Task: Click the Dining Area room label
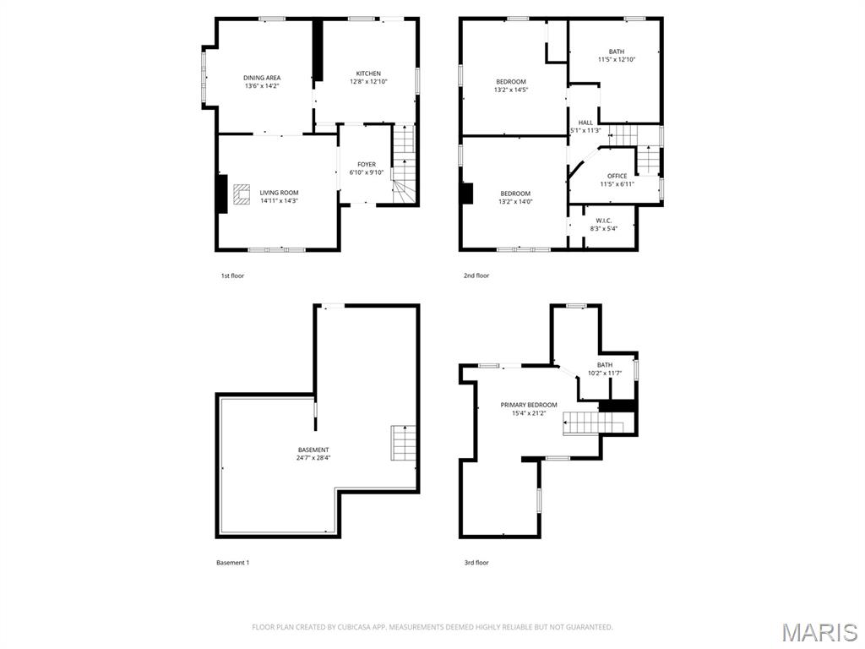262,78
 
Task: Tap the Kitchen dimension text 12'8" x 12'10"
368,82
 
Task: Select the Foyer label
367,165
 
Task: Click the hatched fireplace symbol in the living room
241,194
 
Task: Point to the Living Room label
279,193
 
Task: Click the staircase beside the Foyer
404,164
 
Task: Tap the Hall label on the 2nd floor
586,123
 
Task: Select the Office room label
617,176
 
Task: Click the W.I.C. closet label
604,221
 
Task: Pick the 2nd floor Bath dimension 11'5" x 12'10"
617,59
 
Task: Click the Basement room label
313,450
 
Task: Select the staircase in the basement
403,443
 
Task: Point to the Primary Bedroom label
529,405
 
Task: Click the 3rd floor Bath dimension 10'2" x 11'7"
605,373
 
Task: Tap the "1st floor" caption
232,275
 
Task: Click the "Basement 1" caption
233,563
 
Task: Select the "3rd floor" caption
476,563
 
